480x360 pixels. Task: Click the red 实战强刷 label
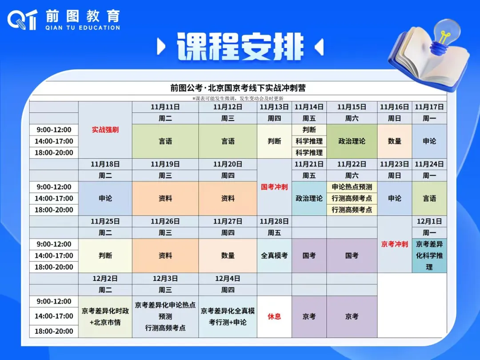(105, 130)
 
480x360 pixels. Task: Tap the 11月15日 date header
(352, 107)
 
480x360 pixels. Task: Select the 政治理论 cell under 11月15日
(352, 141)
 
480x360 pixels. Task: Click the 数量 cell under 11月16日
(395, 141)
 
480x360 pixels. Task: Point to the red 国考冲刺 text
(274, 187)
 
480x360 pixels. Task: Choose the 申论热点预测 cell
(352, 187)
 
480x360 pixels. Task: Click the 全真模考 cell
(274, 256)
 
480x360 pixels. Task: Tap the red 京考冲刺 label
(395, 244)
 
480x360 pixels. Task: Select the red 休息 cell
(274, 316)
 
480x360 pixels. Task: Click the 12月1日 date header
(429, 221)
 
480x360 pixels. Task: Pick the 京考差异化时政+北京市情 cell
(105, 316)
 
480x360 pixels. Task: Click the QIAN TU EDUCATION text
(83, 28)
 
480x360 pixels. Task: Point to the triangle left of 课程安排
(161, 47)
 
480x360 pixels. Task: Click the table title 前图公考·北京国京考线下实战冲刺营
(238, 88)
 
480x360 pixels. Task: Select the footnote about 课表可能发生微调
(238, 98)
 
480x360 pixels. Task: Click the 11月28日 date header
(274, 221)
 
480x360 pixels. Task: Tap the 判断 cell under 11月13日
(274, 141)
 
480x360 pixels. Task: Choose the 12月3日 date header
(165, 279)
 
